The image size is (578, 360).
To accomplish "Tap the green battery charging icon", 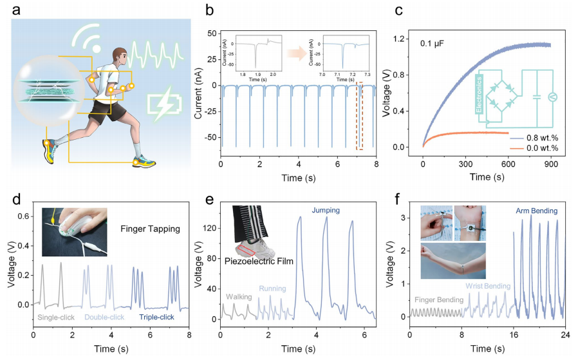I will (158, 103).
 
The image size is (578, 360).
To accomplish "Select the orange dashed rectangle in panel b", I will (360, 117).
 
